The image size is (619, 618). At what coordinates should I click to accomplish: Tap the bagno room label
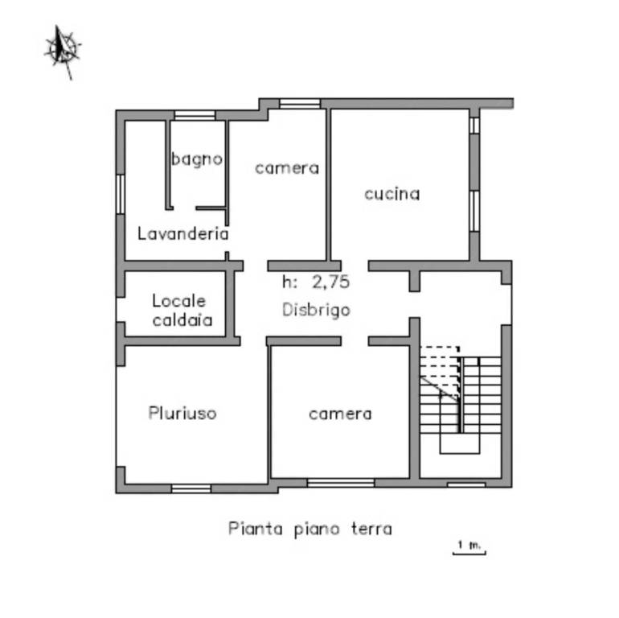click(x=197, y=159)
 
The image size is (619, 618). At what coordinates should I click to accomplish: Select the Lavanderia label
click(x=182, y=233)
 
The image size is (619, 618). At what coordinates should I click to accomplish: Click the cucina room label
click(x=392, y=194)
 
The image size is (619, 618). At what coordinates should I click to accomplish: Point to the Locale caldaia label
click(x=182, y=311)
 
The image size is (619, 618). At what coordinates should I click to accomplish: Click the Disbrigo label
click(x=316, y=310)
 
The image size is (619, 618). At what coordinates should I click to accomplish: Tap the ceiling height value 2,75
click(x=331, y=282)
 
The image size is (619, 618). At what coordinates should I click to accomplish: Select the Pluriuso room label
click(x=182, y=413)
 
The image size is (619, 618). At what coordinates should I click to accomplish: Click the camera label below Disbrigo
click(x=340, y=414)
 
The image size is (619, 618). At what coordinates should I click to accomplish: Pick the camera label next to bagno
click(x=287, y=168)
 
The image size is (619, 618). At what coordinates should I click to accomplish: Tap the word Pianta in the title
click(x=256, y=529)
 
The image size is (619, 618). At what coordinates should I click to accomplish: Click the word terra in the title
click(x=371, y=529)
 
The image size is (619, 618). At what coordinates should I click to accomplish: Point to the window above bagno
click(x=195, y=115)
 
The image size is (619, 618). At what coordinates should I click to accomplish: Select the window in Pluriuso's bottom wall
click(x=191, y=488)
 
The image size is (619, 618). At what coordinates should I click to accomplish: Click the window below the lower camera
click(x=341, y=483)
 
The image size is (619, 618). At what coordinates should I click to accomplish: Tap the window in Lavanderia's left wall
click(x=121, y=195)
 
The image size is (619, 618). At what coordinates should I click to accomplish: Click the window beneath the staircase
click(x=466, y=484)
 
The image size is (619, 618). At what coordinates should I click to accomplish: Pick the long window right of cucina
click(x=474, y=211)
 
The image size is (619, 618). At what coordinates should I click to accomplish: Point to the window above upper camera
click(x=300, y=104)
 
